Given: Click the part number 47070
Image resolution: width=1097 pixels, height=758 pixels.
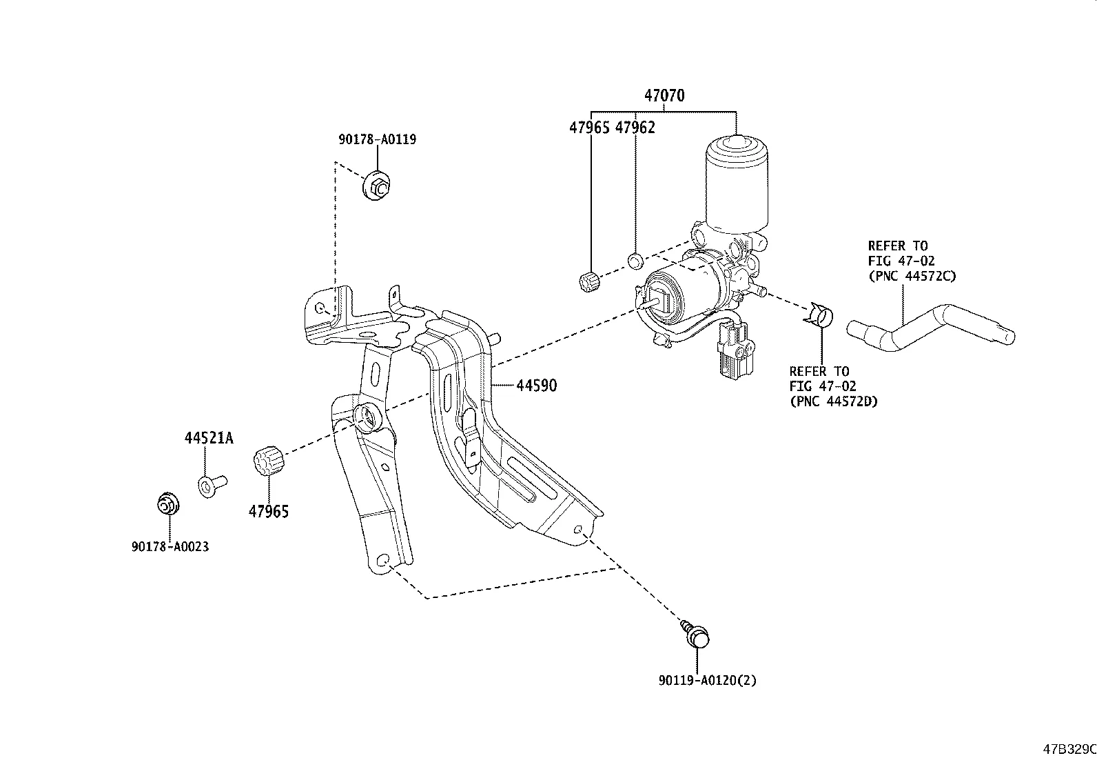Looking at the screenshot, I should [x=664, y=96].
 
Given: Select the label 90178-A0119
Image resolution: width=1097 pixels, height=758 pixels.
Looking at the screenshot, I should [x=377, y=139].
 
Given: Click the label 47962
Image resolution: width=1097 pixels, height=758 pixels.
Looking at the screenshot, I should [x=635, y=128].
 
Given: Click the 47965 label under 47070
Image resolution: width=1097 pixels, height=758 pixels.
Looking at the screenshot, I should [x=589, y=128].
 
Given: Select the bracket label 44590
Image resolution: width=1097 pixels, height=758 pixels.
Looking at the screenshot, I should [x=536, y=386].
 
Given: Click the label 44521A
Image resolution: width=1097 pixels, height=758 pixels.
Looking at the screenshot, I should [x=208, y=438].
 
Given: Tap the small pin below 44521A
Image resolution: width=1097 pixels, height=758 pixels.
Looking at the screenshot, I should [x=212, y=486].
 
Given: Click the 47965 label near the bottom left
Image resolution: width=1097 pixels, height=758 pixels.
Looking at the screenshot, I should [x=269, y=512].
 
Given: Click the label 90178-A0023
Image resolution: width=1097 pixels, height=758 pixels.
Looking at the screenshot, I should [x=170, y=547].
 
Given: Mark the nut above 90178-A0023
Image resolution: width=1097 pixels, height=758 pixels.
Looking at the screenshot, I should [x=167, y=505].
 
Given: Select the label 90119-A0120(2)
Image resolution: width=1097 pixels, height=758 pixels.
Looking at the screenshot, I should [x=706, y=681].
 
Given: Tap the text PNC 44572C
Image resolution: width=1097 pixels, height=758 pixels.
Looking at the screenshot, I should [x=912, y=276].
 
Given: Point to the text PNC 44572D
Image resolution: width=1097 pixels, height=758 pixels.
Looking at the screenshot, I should [x=833, y=401].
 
